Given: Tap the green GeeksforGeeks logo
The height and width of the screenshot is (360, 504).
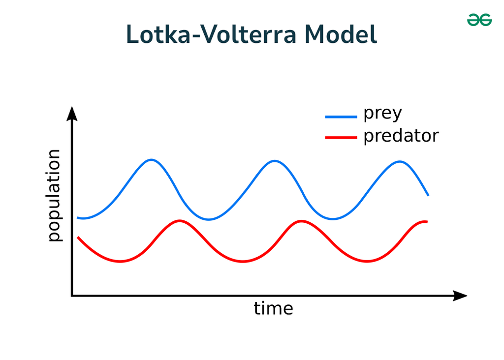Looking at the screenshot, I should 479,20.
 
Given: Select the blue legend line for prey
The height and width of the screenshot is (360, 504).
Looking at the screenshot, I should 341,117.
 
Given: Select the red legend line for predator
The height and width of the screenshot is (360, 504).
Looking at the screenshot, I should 341,138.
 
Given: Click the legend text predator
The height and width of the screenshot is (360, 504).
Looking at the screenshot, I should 401,135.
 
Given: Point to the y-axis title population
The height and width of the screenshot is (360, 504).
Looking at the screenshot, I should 54,195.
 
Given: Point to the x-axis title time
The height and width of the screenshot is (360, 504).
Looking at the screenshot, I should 273,309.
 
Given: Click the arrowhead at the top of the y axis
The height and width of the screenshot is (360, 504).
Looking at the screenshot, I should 72,113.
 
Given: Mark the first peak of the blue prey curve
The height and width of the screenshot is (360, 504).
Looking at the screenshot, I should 152,160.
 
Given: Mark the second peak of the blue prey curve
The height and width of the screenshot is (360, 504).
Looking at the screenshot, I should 275,161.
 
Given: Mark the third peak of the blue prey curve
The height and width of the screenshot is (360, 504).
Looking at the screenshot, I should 400,161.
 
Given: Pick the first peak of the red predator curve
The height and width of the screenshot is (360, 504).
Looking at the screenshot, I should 180,220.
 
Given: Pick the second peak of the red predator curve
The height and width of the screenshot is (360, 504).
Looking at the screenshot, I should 302,221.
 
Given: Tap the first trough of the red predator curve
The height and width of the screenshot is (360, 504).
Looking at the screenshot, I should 120,262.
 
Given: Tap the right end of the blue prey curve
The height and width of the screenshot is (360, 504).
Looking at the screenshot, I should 428,195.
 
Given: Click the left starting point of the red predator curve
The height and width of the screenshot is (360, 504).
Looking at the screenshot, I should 78,238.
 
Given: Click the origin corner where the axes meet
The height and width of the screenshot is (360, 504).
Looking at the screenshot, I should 72,296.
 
